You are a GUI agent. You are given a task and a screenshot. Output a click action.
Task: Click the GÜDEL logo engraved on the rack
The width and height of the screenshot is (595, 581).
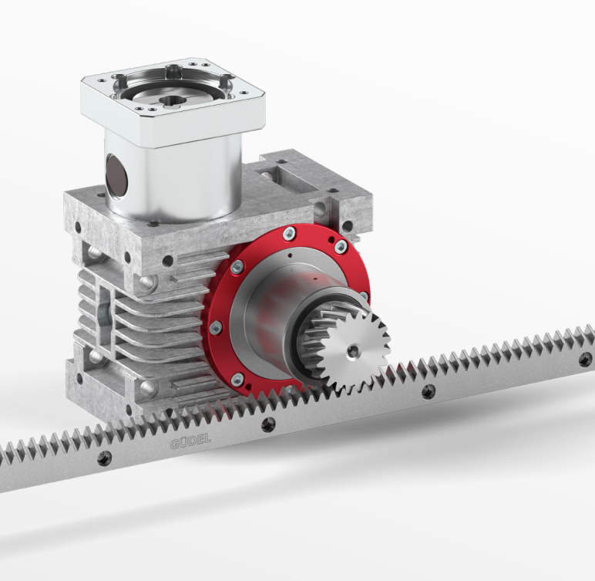pos(190,441)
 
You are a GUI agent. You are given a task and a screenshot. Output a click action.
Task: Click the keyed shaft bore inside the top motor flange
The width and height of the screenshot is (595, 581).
pos(173,100)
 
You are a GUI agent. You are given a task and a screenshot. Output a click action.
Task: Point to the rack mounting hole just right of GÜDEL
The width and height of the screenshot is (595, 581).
pos(268,425)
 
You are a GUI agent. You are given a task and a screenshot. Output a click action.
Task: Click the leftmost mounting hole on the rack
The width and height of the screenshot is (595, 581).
pos(104,458)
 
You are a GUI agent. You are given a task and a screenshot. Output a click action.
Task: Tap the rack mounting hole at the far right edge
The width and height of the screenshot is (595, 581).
pos(585,360)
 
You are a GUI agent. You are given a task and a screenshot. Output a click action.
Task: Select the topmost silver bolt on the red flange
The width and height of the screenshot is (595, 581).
pos(289,233)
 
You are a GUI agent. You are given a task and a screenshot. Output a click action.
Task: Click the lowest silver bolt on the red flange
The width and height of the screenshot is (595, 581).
pos(237,378)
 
